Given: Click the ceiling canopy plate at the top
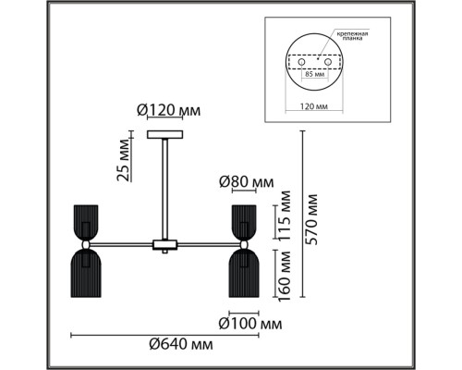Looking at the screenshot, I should (x=167, y=136).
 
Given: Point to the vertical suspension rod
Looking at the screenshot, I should (x=167, y=190).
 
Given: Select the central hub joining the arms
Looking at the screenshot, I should (x=165, y=245).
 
